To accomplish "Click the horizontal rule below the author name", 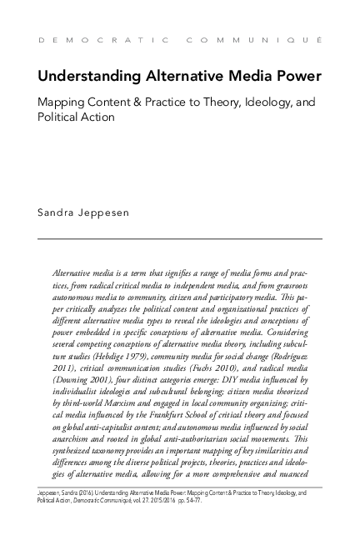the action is [x=180, y=239].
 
